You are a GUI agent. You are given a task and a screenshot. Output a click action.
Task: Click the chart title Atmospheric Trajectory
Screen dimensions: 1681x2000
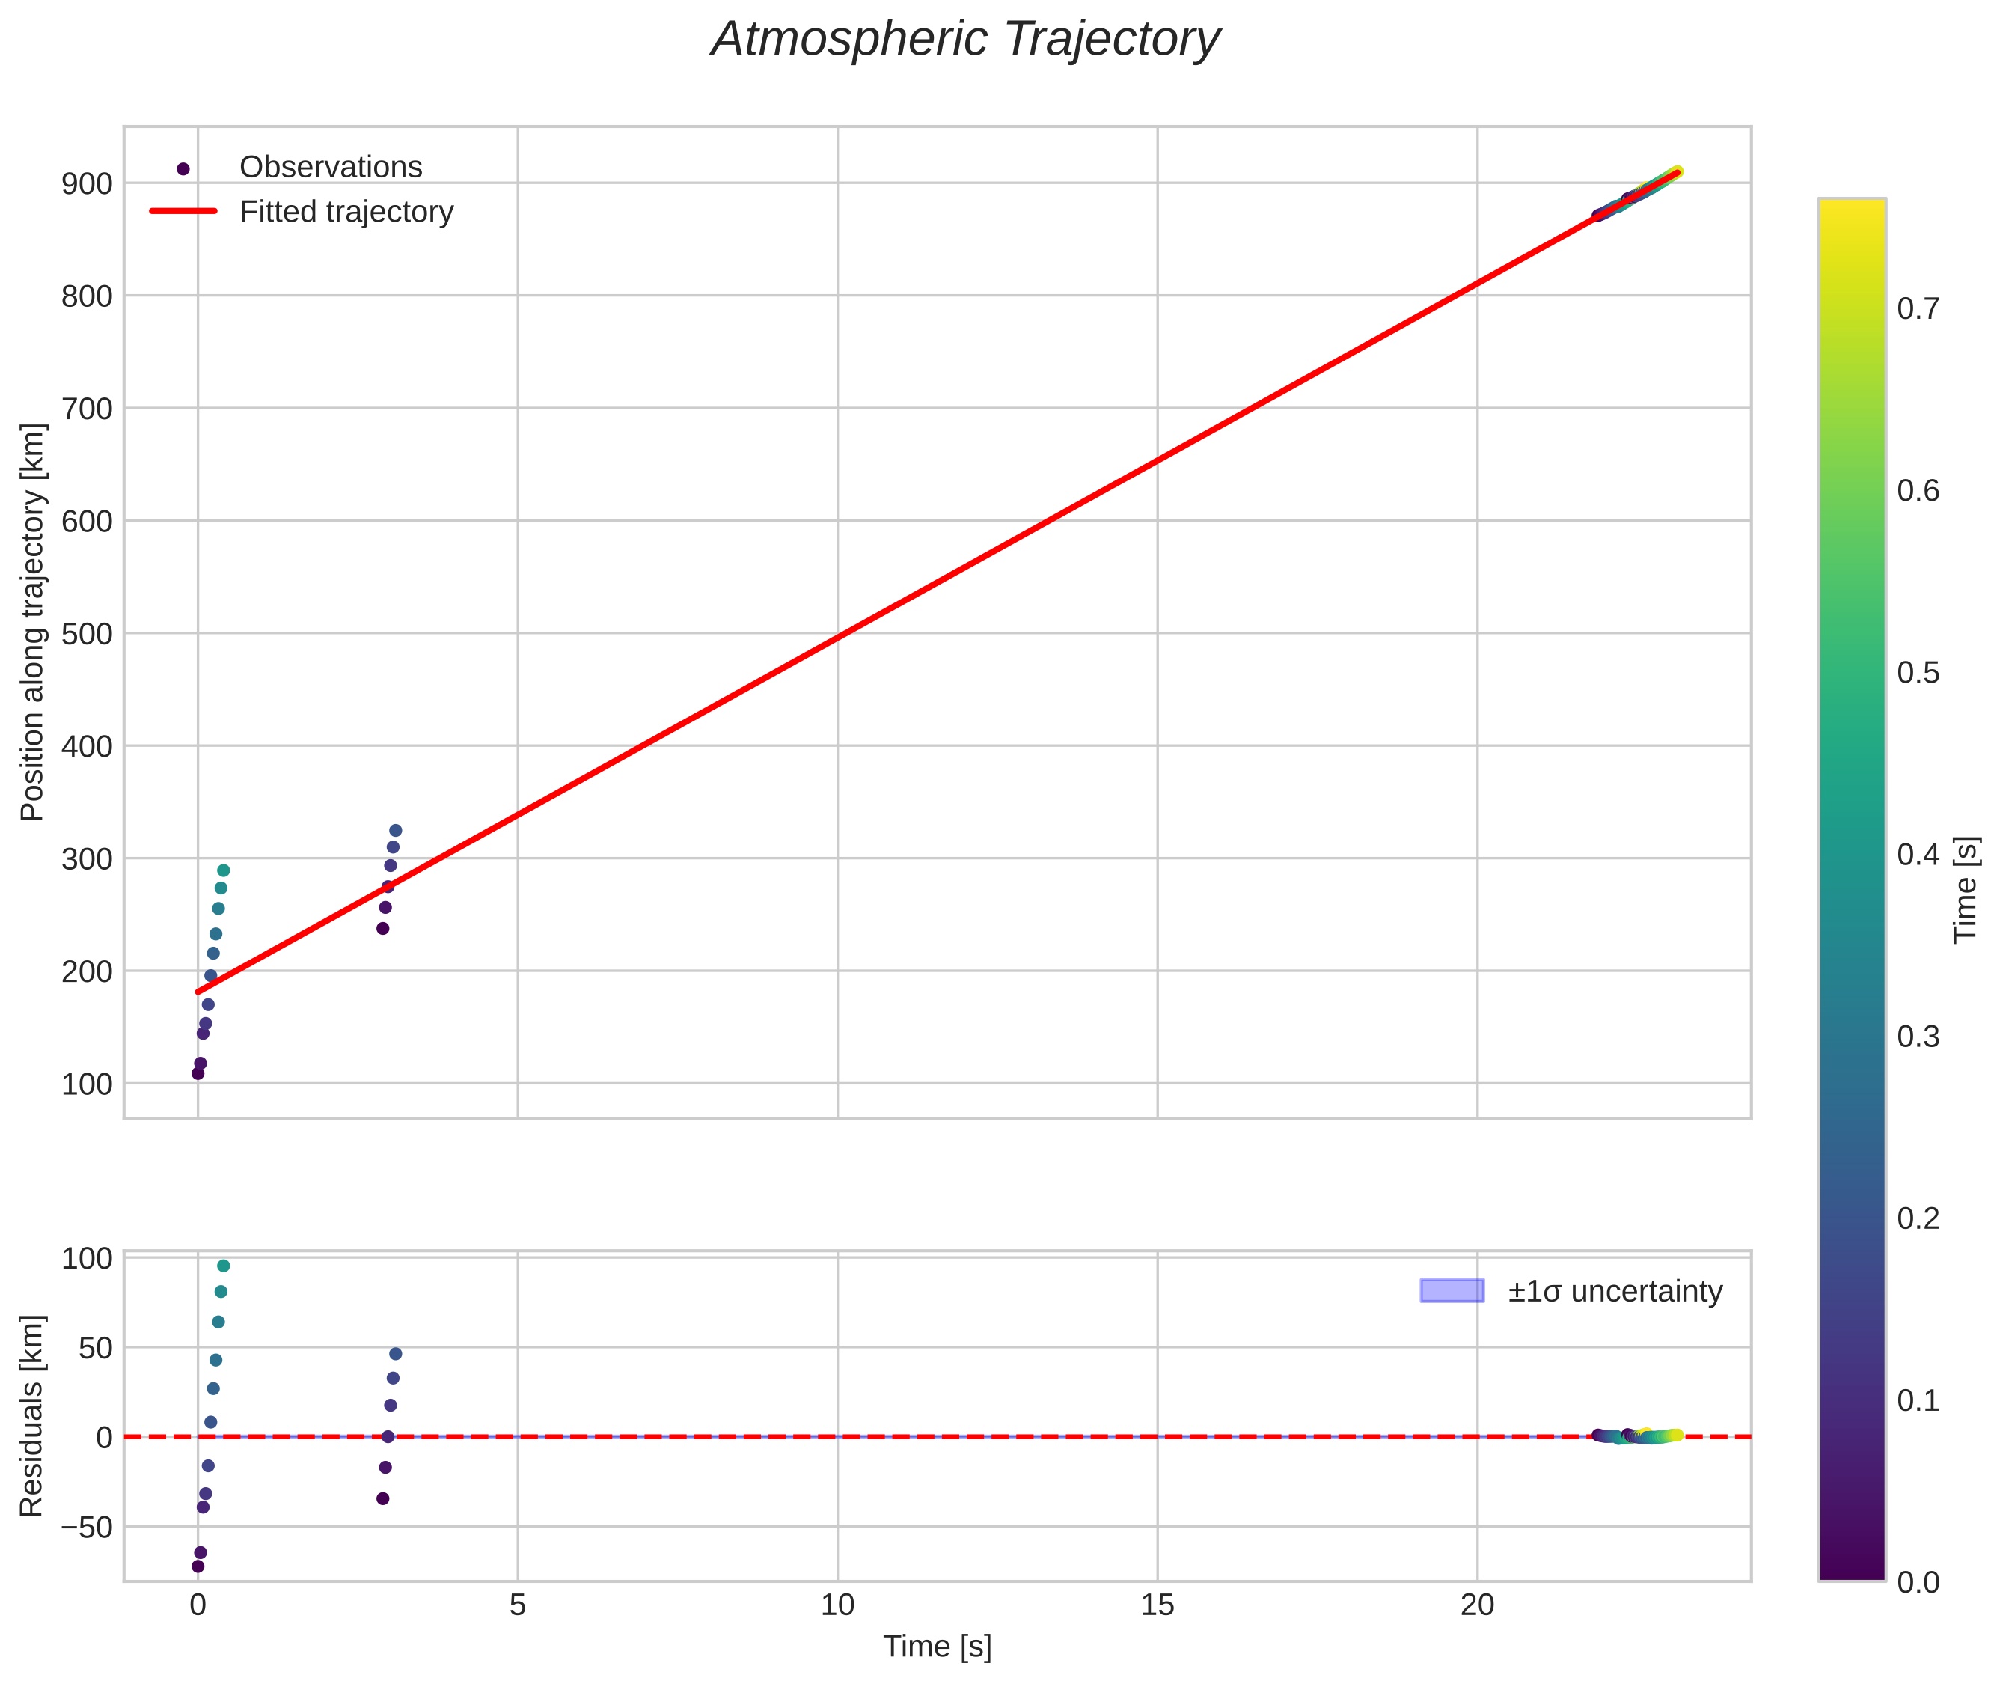click(964, 40)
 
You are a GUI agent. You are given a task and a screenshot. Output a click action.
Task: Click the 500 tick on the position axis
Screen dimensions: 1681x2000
click(87, 634)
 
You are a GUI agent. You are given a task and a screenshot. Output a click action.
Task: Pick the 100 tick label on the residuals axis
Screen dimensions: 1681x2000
click(87, 1259)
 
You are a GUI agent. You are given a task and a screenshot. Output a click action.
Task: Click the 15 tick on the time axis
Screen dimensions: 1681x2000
click(1157, 1605)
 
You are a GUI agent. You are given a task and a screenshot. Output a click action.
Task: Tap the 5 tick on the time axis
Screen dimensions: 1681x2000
click(517, 1605)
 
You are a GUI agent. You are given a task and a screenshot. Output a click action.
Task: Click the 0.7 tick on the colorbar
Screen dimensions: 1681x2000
click(1917, 309)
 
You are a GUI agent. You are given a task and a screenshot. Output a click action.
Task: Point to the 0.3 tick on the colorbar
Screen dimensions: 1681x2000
click(1917, 1036)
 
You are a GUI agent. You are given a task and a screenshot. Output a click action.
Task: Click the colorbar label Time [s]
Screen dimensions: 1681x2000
click(1966, 889)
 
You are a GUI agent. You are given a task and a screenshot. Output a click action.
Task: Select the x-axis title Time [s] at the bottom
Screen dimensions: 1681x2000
click(937, 1647)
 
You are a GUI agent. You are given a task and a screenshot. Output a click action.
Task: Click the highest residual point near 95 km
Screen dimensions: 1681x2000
click(223, 1266)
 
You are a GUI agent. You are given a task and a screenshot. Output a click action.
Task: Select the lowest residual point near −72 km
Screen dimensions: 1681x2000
click(198, 1566)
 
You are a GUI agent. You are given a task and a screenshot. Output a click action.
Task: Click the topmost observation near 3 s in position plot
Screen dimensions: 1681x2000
click(395, 830)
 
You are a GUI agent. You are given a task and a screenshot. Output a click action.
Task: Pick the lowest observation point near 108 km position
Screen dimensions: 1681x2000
click(198, 1073)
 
